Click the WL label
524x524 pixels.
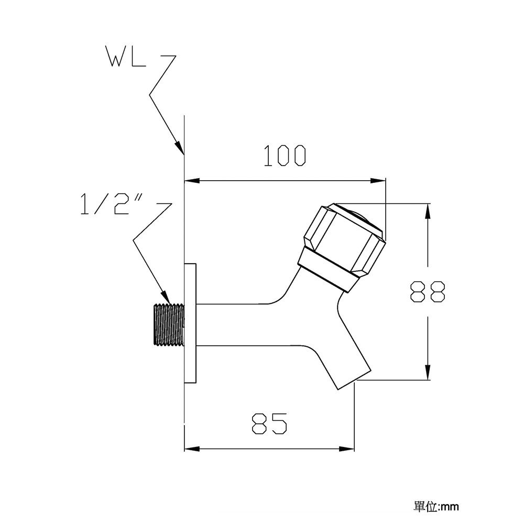click(126, 56)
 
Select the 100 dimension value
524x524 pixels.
click(285, 156)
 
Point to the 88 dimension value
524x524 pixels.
click(428, 292)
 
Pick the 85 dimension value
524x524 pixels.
click(269, 423)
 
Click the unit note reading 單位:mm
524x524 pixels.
click(436, 507)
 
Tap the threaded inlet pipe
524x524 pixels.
click(169, 324)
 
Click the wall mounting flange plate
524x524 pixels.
click(190, 323)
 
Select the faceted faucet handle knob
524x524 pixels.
click(345, 239)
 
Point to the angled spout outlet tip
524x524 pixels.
click(354, 379)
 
